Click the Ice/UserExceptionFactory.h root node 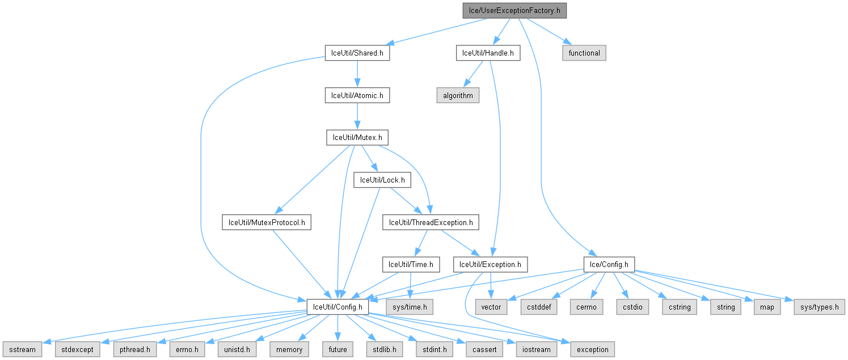(514, 10)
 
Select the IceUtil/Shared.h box (357, 53)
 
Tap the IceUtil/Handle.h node (488, 53)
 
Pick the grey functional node (584, 53)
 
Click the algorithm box (458, 95)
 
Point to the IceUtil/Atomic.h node (357, 95)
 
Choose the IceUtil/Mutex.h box (357, 137)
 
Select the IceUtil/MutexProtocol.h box (267, 222)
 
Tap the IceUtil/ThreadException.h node (431, 222)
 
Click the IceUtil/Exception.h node (491, 264)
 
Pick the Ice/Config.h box (609, 264)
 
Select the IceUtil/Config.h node (338, 307)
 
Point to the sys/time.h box (409, 307)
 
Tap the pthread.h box (134, 349)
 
